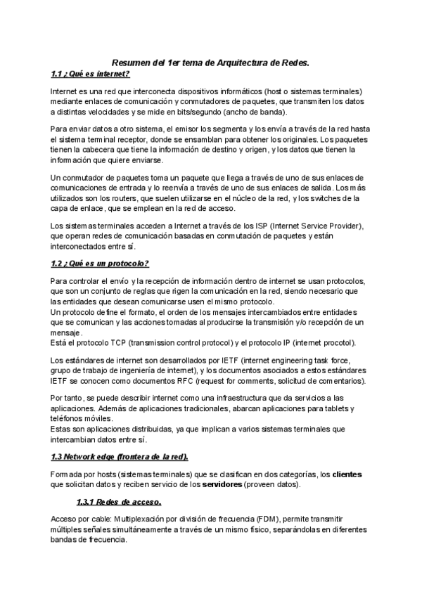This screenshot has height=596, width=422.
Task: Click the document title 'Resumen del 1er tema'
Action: coord(211,63)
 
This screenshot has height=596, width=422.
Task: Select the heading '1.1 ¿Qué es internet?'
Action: coord(91,74)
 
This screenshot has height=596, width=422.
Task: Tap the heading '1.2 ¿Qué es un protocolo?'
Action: coord(100,264)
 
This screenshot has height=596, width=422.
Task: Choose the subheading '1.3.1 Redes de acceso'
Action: coord(119,502)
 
